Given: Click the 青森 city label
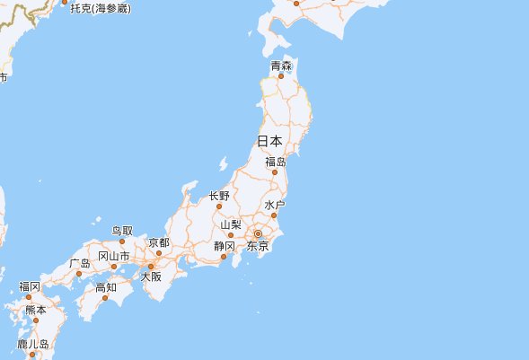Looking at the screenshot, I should [281, 66].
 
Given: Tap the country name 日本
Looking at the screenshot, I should [269, 141].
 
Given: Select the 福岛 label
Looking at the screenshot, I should [276, 162].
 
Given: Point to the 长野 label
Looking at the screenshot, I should [219, 196].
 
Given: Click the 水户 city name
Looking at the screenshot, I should [275, 206].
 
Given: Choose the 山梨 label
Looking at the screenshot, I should [231, 224].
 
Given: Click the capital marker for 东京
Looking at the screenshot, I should [258, 233].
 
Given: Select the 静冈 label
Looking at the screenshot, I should [225, 246].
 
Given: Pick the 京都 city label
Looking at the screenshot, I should [159, 242].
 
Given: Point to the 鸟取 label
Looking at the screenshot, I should [122, 232].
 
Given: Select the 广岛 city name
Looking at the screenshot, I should [79, 263].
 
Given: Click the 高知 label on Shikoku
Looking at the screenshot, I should [106, 287].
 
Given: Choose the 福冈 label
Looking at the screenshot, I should [30, 286].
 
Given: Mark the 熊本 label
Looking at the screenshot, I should [35, 310].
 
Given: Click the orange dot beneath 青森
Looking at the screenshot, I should [281, 76].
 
